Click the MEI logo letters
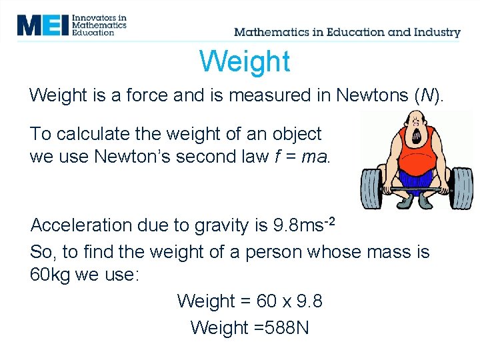pyautogui.click(x=43, y=25)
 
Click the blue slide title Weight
pyautogui.click(x=245, y=62)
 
